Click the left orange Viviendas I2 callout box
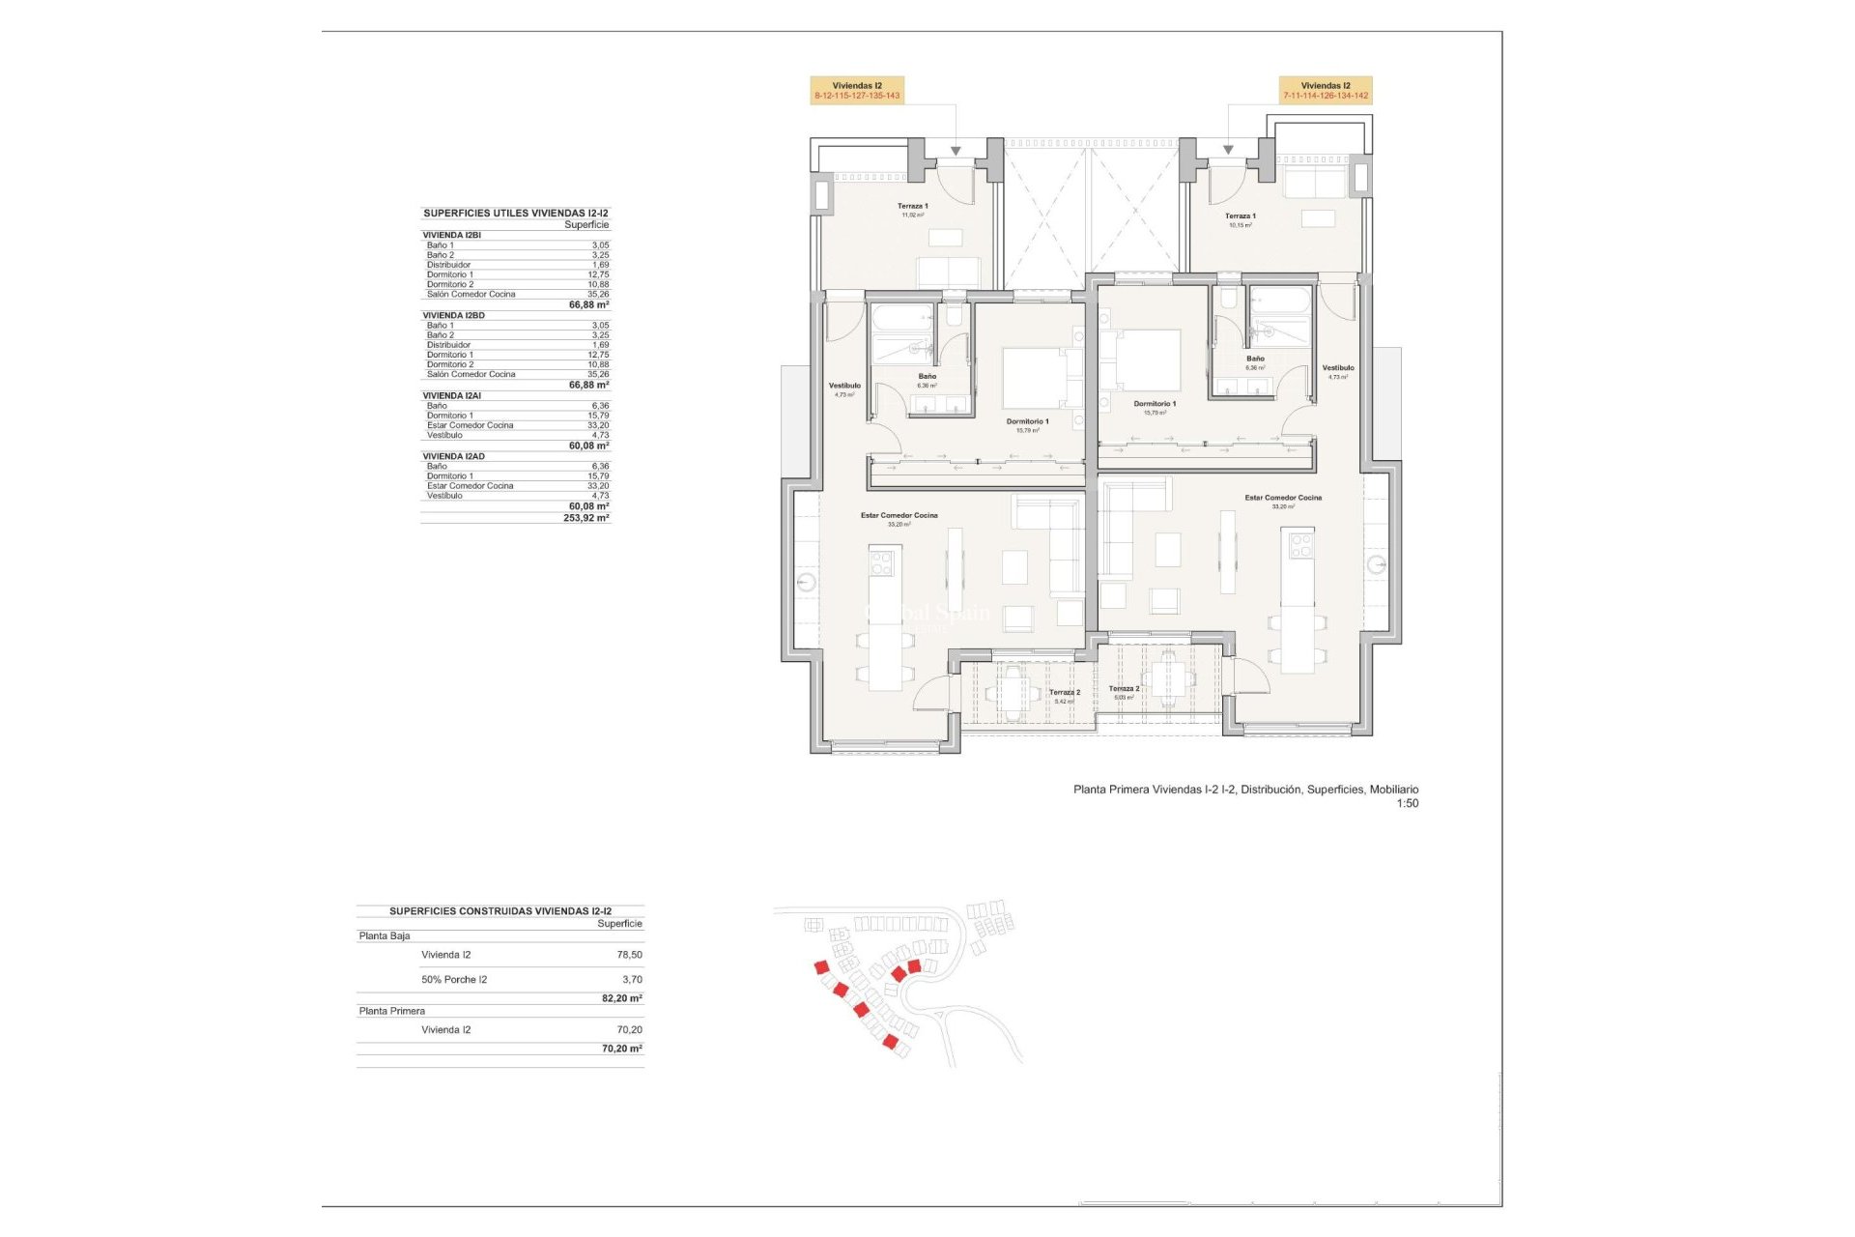click(x=857, y=91)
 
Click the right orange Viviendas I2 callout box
click(x=1326, y=91)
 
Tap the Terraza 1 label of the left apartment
click(x=912, y=207)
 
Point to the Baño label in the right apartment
click(x=1255, y=360)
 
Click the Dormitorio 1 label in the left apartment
click(x=1027, y=422)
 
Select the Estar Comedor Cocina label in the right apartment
click(x=1283, y=499)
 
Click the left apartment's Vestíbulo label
click(x=844, y=387)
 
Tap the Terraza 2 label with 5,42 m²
click(x=1065, y=693)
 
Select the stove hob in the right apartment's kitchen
click(x=1300, y=546)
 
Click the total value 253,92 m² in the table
click(x=585, y=518)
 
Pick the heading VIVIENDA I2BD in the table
click(x=454, y=316)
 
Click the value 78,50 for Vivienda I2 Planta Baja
click(x=629, y=955)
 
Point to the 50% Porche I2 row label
click(x=454, y=980)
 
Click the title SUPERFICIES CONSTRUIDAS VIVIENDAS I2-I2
click(x=500, y=911)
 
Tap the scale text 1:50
click(x=1407, y=804)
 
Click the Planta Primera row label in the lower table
click(x=392, y=1012)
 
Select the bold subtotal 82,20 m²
click(x=621, y=998)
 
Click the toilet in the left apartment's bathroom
click(x=954, y=316)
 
